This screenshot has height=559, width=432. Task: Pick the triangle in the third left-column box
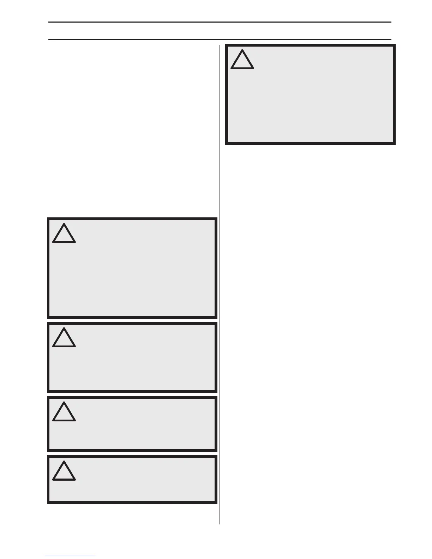[64, 412]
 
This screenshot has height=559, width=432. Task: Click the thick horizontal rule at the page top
[220, 22]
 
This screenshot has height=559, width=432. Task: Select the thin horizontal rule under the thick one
[220, 39]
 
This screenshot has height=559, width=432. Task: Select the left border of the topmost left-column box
[48, 268]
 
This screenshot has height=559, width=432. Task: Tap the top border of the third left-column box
[132, 397]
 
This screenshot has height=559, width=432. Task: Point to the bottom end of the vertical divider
[220, 523]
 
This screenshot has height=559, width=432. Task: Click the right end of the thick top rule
[391, 22]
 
